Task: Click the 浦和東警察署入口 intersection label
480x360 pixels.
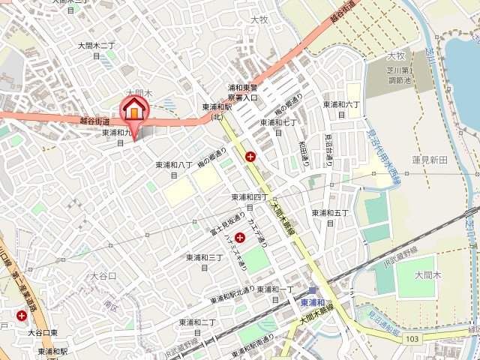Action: pos(243,92)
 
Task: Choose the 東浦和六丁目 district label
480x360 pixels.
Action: pos(340,109)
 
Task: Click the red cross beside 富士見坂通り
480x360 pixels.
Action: pos(240,237)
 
